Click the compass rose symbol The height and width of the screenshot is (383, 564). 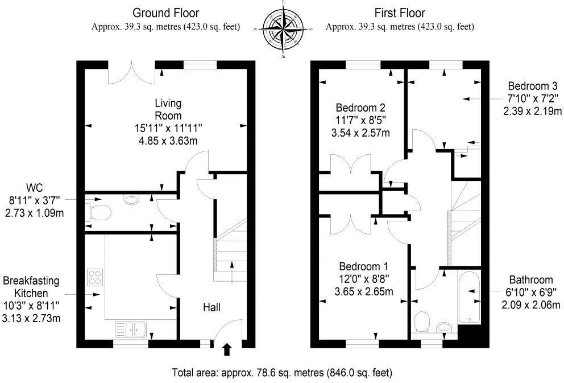pyautogui.click(x=284, y=29)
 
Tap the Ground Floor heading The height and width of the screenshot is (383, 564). pyautogui.click(x=166, y=13)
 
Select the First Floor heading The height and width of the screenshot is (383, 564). pyautogui.click(x=400, y=13)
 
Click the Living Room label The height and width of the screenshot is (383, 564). pyautogui.click(x=168, y=109)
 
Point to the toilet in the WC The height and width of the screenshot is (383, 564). pyautogui.click(x=98, y=212)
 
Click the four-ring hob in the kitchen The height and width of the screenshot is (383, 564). pyautogui.click(x=95, y=277)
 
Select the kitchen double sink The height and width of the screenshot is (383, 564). pyautogui.click(x=131, y=330)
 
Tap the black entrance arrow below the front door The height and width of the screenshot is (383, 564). pyautogui.click(x=227, y=349)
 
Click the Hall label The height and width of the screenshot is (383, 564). pyautogui.click(x=212, y=307)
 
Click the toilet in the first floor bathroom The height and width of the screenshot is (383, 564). pyautogui.click(x=421, y=322)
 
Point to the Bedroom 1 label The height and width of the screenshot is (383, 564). pyautogui.click(x=364, y=267)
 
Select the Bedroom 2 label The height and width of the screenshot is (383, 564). pyautogui.click(x=360, y=108)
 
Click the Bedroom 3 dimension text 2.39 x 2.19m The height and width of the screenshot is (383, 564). pyautogui.click(x=533, y=111)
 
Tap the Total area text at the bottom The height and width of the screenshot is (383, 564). pyautogui.click(x=282, y=372)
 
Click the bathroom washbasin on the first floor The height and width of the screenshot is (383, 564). pyautogui.click(x=445, y=327)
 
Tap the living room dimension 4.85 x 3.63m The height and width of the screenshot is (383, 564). pyautogui.click(x=168, y=141)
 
